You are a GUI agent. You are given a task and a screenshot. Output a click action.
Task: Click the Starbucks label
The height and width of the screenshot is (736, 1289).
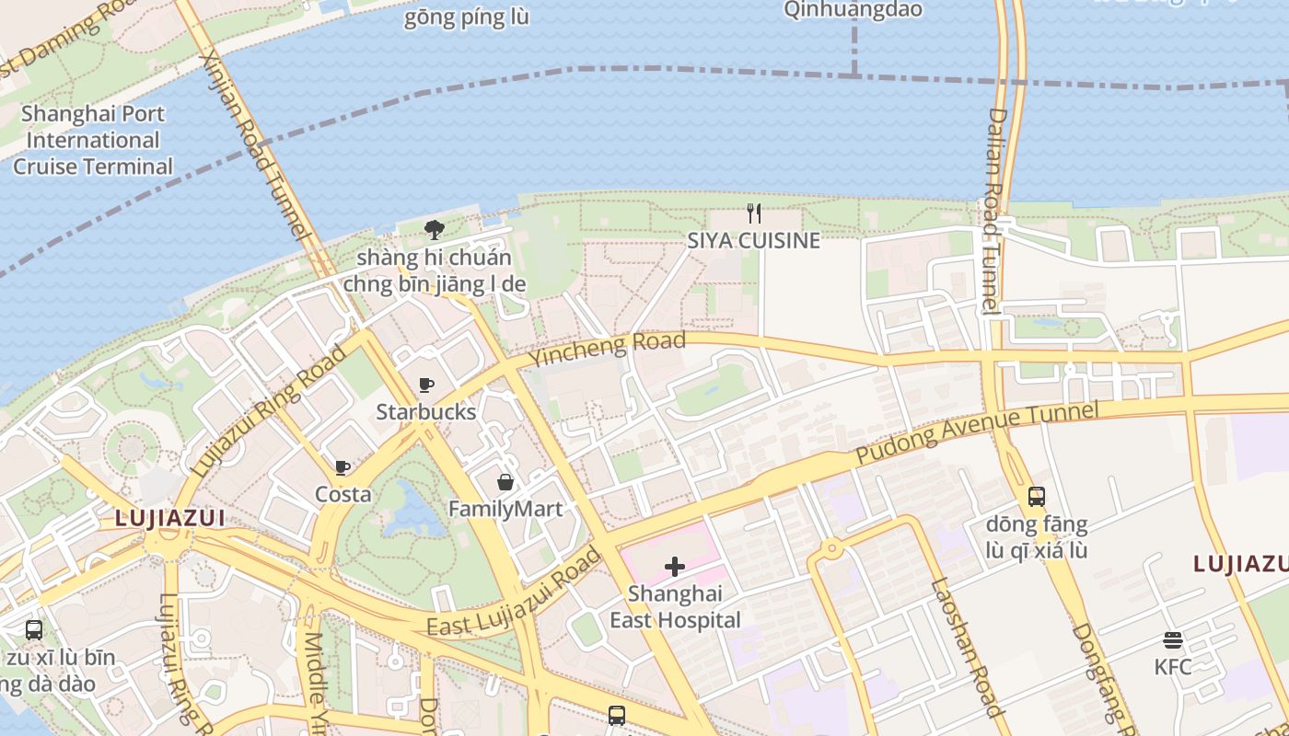426,411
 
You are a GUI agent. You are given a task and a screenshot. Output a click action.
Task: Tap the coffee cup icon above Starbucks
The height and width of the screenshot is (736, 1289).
426,385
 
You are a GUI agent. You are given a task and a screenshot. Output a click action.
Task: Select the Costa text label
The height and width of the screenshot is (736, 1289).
343,494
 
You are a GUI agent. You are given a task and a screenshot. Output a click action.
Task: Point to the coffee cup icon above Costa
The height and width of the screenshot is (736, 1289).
343,467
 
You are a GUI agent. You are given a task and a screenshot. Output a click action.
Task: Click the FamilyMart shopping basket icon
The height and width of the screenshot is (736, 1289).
505,482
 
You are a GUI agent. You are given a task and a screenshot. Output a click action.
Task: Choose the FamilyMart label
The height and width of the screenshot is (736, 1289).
505,509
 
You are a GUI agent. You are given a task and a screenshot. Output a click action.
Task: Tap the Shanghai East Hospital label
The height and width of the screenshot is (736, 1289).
675,607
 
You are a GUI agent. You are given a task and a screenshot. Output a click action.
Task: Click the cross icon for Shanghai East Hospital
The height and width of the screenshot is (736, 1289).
675,567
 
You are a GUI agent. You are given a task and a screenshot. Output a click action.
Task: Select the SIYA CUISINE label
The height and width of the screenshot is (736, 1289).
753,241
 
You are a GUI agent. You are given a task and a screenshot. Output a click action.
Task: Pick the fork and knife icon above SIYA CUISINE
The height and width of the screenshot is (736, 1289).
754,213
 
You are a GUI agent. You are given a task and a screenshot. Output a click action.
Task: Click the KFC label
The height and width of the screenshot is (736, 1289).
1173,667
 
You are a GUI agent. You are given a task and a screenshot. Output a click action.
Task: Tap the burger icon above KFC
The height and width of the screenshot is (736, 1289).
1173,640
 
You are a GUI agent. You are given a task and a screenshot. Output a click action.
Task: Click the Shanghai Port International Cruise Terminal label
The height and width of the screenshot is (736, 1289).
93,140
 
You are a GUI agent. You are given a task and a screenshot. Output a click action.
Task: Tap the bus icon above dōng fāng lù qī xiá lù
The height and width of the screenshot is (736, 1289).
1037,497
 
